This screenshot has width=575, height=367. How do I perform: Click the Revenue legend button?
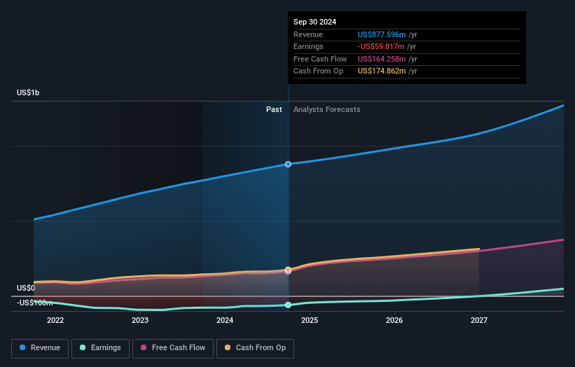click(40, 347)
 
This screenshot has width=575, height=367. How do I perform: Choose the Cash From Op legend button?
click(256, 347)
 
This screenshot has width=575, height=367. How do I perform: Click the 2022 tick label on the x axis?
click(55, 321)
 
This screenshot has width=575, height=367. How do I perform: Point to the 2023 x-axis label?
click(140, 321)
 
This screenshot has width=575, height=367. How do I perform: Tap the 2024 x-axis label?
click(225, 321)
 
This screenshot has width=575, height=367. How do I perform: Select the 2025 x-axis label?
click(310, 321)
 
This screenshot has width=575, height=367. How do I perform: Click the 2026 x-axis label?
click(394, 321)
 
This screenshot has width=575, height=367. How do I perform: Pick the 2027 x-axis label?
click(479, 321)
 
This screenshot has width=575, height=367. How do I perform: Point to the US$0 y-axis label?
click(26, 288)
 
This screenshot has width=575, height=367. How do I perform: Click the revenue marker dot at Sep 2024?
click(288, 164)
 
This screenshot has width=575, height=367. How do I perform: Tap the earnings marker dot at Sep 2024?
click(288, 305)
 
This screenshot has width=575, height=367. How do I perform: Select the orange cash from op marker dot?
click(288, 270)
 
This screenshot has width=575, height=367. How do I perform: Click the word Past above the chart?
click(274, 109)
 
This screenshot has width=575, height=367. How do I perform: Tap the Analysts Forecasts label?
click(327, 109)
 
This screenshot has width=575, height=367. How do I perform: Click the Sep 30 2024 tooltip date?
click(314, 22)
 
